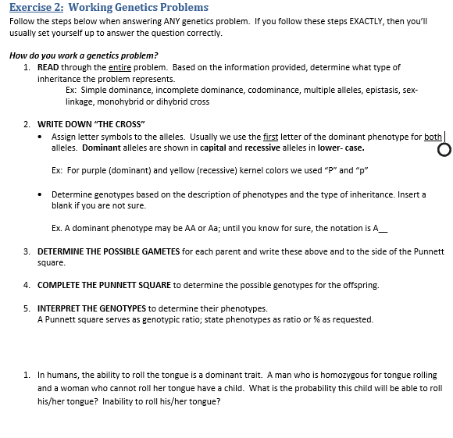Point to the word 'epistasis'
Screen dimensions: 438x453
[383, 91]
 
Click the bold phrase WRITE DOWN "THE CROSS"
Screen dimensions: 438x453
[91, 124]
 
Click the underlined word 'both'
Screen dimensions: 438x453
[433, 137]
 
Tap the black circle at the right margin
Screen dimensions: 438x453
[444, 150]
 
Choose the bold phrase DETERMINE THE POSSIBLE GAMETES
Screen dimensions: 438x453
[109, 251]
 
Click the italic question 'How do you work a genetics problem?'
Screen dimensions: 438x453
[84, 55]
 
